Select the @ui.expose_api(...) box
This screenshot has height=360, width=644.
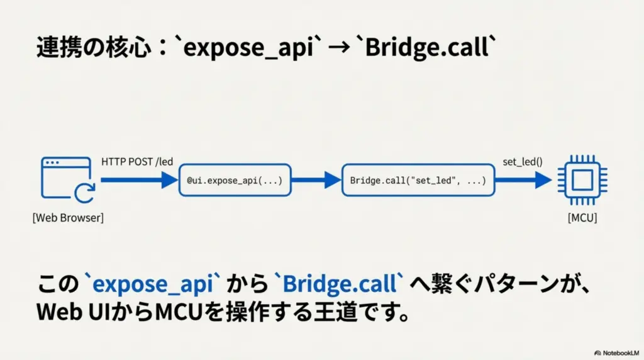point(235,181)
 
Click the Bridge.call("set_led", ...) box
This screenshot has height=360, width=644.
point(418,181)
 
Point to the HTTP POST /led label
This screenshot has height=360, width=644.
point(137,162)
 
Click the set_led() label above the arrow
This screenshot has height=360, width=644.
point(523,162)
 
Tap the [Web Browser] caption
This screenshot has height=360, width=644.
point(68,218)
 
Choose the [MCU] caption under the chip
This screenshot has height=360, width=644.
point(582,218)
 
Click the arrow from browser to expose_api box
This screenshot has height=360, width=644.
point(139,181)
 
